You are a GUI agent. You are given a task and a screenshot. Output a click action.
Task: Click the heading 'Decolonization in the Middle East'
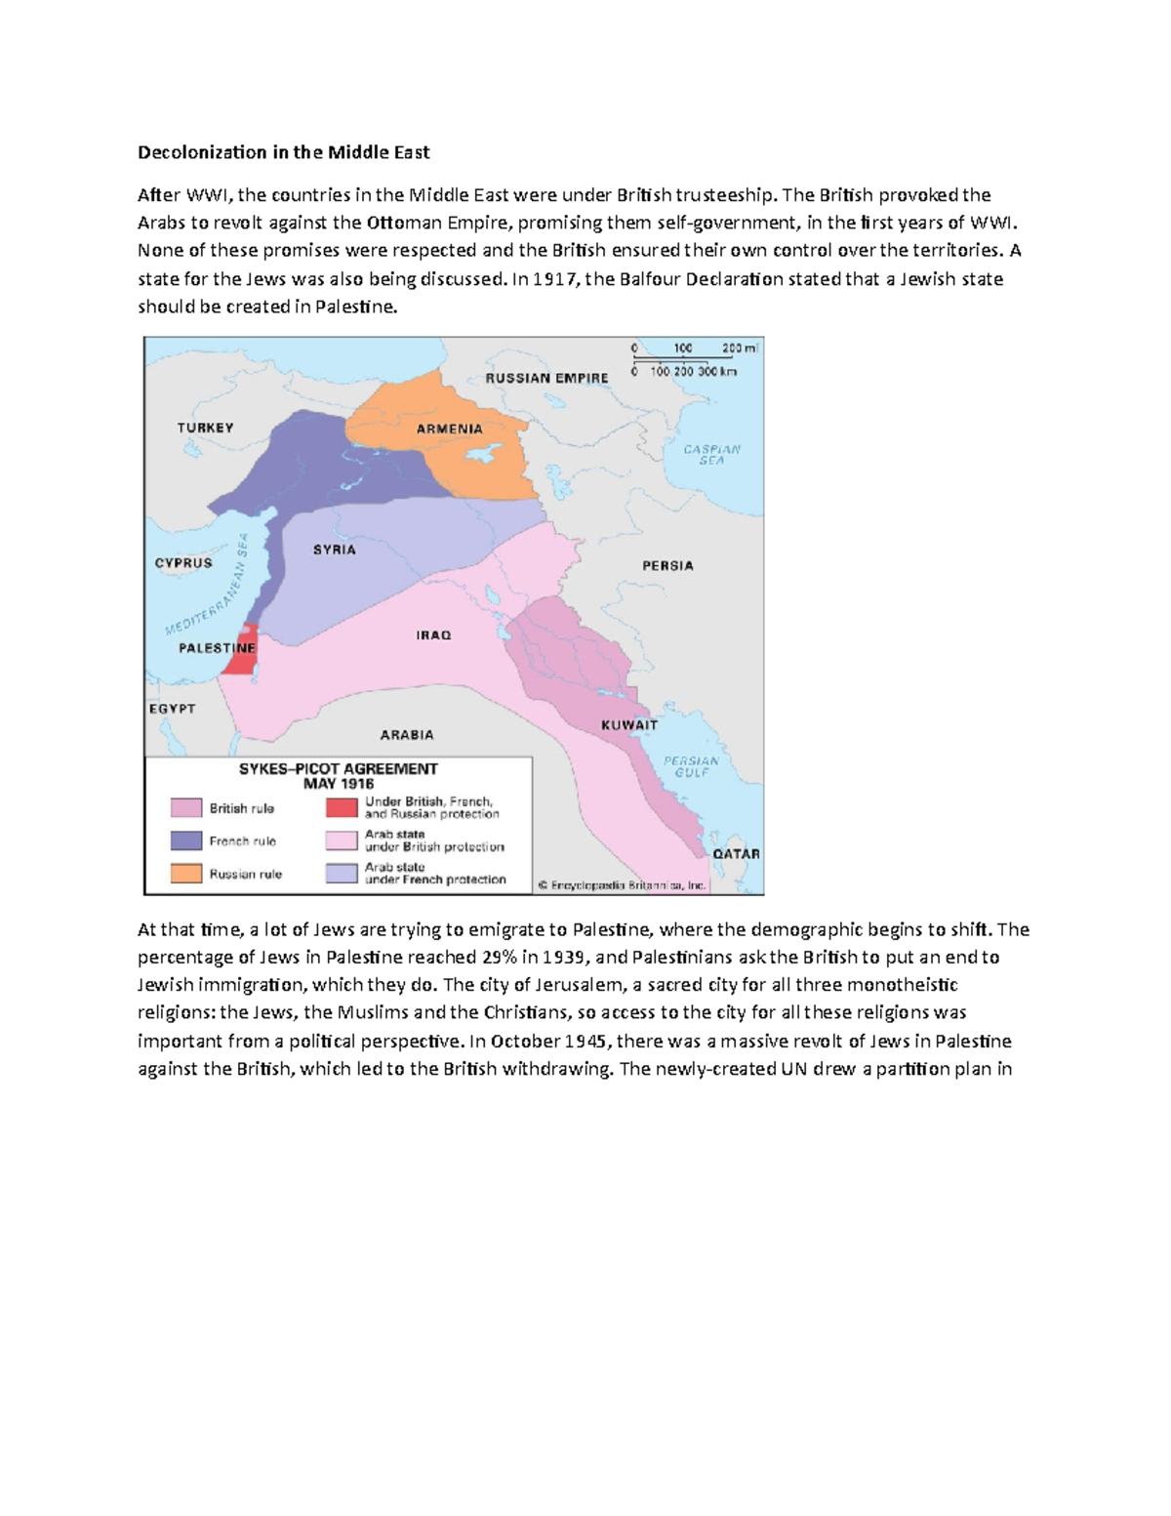(x=283, y=152)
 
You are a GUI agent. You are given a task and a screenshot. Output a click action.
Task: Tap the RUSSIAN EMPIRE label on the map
(x=546, y=378)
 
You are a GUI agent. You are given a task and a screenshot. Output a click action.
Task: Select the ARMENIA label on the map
(x=450, y=429)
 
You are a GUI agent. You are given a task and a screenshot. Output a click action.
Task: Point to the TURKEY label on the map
(x=205, y=428)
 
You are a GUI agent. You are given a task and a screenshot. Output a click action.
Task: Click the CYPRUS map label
(x=183, y=562)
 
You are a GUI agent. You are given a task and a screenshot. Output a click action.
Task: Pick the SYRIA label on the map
(x=335, y=550)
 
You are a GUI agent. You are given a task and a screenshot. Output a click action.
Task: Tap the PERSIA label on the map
(x=667, y=565)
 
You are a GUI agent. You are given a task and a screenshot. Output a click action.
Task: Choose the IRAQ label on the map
(x=434, y=635)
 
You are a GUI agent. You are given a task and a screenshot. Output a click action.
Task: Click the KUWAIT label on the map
(x=629, y=725)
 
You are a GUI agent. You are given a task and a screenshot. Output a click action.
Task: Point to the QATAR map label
(x=736, y=853)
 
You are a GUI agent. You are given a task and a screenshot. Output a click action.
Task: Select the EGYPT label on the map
(x=172, y=709)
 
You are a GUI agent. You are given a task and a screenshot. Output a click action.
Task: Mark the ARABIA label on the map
(x=407, y=734)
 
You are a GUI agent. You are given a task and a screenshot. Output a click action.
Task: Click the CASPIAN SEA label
(x=711, y=455)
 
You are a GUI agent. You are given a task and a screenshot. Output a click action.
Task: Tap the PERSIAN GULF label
(x=691, y=766)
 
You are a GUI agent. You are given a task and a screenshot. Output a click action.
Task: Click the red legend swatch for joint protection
(x=342, y=808)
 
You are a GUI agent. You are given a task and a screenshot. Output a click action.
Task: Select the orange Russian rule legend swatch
(x=186, y=874)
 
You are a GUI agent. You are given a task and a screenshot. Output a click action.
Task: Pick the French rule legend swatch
(x=186, y=840)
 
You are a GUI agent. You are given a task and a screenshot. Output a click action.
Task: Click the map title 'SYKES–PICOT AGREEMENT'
(x=339, y=768)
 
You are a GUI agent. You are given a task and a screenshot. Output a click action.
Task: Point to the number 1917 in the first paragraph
(x=556, y=279)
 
